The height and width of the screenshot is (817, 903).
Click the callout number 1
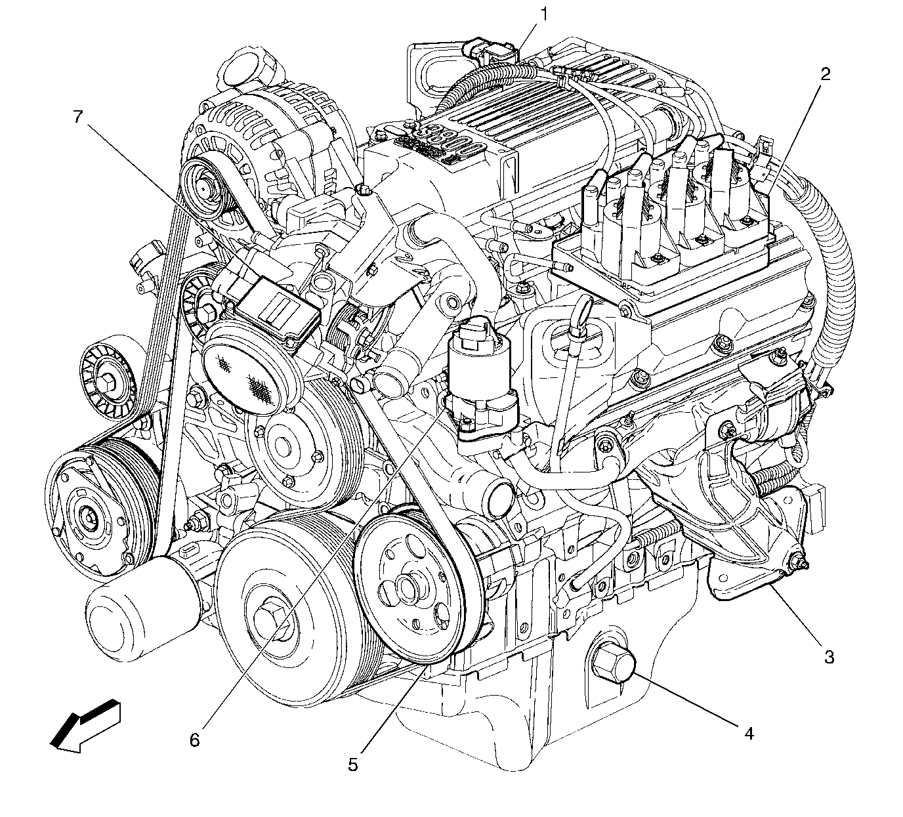pos(544,15)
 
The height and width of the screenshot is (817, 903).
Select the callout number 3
pos(829,657)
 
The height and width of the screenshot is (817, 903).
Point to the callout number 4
pos(749,734)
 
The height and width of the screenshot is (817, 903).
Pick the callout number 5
pos(352,765)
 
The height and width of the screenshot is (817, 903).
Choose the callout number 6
pos(194,740)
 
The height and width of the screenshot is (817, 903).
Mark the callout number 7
pos(78,117)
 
